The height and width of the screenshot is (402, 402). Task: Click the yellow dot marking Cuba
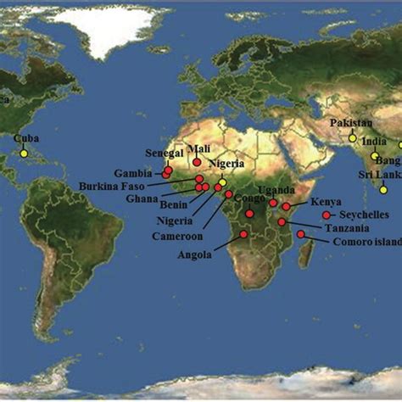click(24, 154)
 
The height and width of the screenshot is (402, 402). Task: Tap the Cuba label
click(26, 138)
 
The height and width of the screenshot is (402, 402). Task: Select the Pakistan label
click(351, 124)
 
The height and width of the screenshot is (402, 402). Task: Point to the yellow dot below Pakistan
click(353, 138)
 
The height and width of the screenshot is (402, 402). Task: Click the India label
click(374, 142)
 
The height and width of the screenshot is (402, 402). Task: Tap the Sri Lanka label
click(381, 175)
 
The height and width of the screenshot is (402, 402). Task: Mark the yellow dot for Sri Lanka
click(383, 190)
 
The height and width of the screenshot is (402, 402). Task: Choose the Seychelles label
click(366, 215)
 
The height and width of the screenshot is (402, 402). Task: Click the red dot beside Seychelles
click(327, 215)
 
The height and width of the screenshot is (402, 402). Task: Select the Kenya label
click(326, 202)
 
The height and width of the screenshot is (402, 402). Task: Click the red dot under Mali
click(197, 162)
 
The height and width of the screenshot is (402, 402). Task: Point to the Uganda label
click(276, 189)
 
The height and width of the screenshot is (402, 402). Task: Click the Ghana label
click(142, 200)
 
